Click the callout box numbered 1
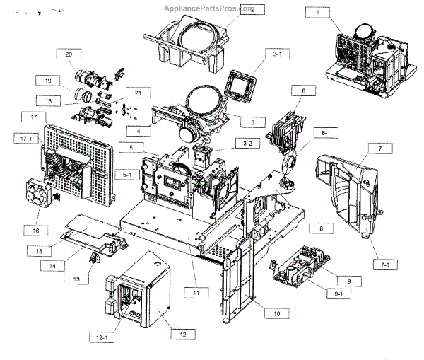[x=317, y=12]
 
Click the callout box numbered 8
[x=320, y=228]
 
